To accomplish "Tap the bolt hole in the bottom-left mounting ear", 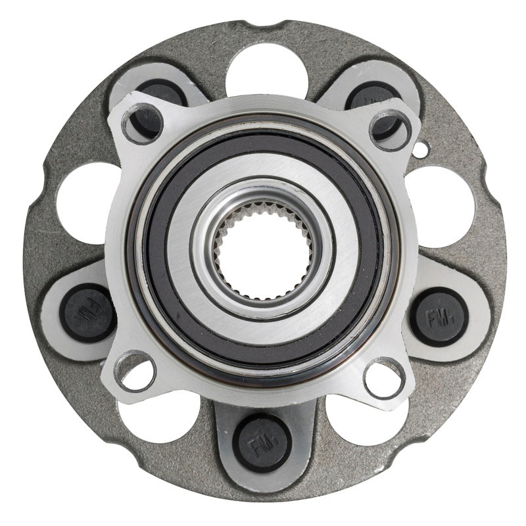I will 135,370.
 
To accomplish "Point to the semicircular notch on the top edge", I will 263,26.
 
